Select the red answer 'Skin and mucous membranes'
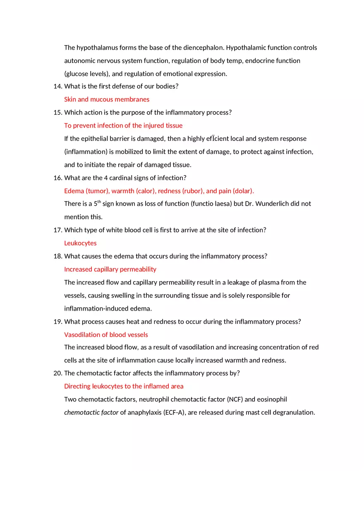107,100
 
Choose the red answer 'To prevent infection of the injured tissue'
123,126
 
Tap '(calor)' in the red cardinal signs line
146,191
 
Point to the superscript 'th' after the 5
99,202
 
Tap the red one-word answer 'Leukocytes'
80,243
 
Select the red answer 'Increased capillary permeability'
110,269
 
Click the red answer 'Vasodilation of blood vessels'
106,335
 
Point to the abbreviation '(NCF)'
237,399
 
